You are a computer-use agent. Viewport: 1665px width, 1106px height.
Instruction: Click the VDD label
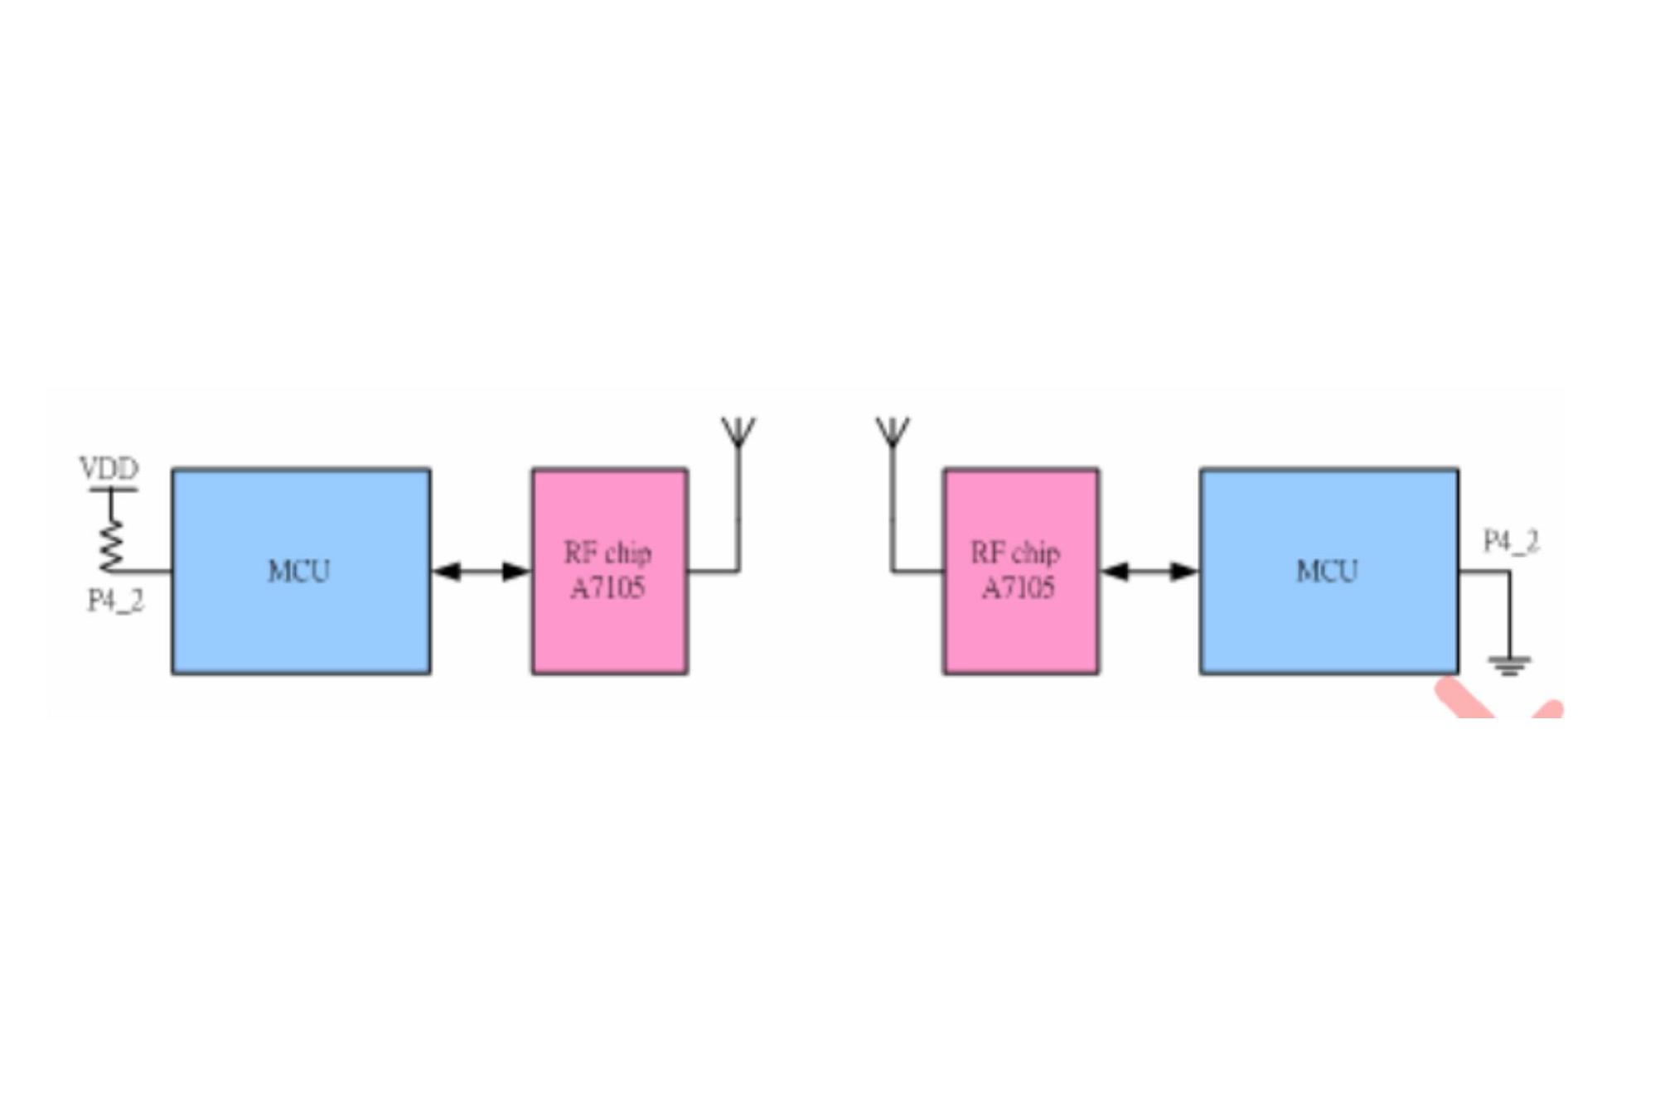109,468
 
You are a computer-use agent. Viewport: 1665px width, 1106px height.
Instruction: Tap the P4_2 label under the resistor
116,600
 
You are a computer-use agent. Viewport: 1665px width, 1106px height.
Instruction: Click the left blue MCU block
301,572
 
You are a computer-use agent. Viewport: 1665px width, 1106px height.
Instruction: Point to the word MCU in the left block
298,571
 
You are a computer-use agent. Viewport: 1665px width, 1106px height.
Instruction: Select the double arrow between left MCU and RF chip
482,571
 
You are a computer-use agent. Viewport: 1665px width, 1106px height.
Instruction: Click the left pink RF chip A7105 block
610,572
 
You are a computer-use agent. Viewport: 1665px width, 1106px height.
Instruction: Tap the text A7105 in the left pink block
607,587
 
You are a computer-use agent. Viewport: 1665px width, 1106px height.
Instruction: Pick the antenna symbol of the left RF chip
738,432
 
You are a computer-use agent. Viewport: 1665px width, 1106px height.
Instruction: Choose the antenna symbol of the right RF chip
893,432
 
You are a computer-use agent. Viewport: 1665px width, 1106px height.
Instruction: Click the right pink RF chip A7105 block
1021,572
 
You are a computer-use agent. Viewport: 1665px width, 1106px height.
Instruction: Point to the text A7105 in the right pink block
1018,587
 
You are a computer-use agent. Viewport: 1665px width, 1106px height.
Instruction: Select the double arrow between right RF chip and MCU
1150,571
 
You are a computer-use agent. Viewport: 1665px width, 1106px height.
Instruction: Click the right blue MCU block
1329,572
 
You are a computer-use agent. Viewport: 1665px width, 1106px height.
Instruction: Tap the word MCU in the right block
1327,571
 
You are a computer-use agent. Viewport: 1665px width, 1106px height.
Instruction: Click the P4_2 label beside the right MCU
1511,541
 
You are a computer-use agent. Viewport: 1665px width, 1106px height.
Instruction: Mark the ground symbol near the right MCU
1509,665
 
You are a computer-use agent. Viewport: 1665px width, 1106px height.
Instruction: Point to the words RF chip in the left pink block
607,553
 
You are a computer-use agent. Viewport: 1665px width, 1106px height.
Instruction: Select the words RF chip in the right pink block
1015,553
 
